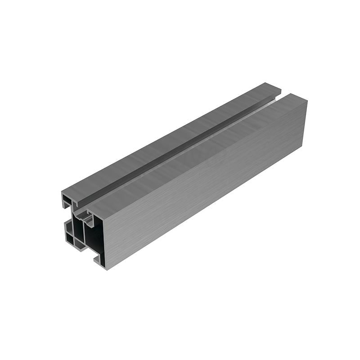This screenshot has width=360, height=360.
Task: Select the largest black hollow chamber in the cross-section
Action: [95, 238]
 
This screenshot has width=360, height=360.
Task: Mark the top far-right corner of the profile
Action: [307, 100]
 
